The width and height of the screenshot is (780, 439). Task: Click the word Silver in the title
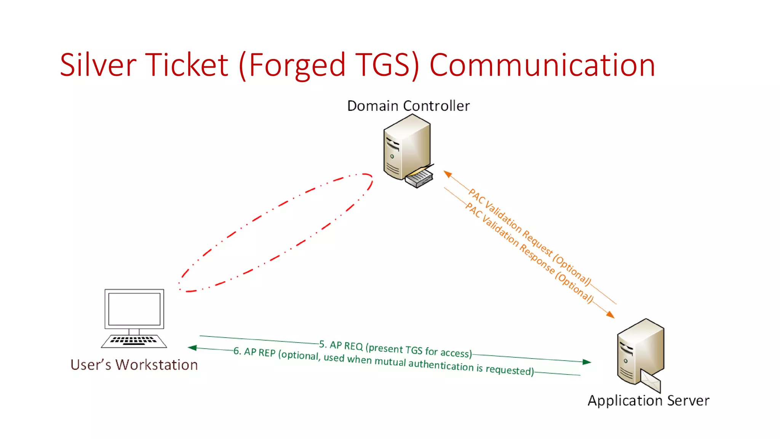(x=98, y=65)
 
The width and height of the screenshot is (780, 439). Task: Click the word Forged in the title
(x=297, y=65)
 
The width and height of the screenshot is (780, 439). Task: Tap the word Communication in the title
(x=542, y=65)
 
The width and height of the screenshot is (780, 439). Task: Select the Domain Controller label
(x=408, y=106)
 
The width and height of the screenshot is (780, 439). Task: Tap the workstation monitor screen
(x=134, y=309)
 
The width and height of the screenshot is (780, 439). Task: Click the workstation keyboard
(x=134, y=340)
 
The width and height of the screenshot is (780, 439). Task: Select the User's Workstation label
(x=134, y=365)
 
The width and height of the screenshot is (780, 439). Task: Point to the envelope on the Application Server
(x=651, y=381)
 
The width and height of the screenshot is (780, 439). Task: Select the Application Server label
(x=648, y=401)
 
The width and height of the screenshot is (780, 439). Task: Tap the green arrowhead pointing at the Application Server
(x=587, y=362)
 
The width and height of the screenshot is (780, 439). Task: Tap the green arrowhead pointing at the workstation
(x=192, y=348)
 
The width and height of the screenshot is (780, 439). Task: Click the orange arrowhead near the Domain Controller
(x=448, y=174)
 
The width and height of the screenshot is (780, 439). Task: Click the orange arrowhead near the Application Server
(x=610, y=314)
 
